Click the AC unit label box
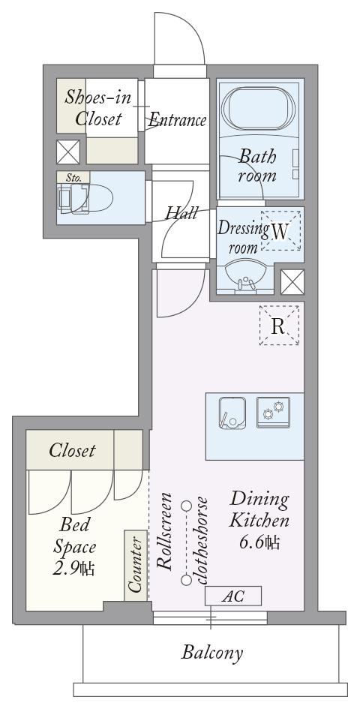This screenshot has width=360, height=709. click(233, 596)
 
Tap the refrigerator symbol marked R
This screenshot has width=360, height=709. click(279, 325)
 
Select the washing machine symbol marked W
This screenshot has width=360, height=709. click(280, 230)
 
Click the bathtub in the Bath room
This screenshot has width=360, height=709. click(259, 108)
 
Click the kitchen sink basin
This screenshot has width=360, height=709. click(232, 412)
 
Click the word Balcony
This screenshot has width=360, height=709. click(212, 653)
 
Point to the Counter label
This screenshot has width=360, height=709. click(136, 565)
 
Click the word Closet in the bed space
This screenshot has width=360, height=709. click(72, 450)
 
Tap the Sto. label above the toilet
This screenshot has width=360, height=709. click(73, 177)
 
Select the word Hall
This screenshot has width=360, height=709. click(181, 212)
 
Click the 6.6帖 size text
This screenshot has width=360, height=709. click(259, 542)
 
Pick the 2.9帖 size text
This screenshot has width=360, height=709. click(73, 569)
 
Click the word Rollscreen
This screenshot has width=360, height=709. click(164, 531)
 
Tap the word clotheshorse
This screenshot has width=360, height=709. click(199, 541)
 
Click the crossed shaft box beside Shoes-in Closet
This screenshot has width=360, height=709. click(68, 152)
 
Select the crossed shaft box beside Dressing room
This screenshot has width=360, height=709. click(292, 282)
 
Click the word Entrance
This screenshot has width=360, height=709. click(177, 119)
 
